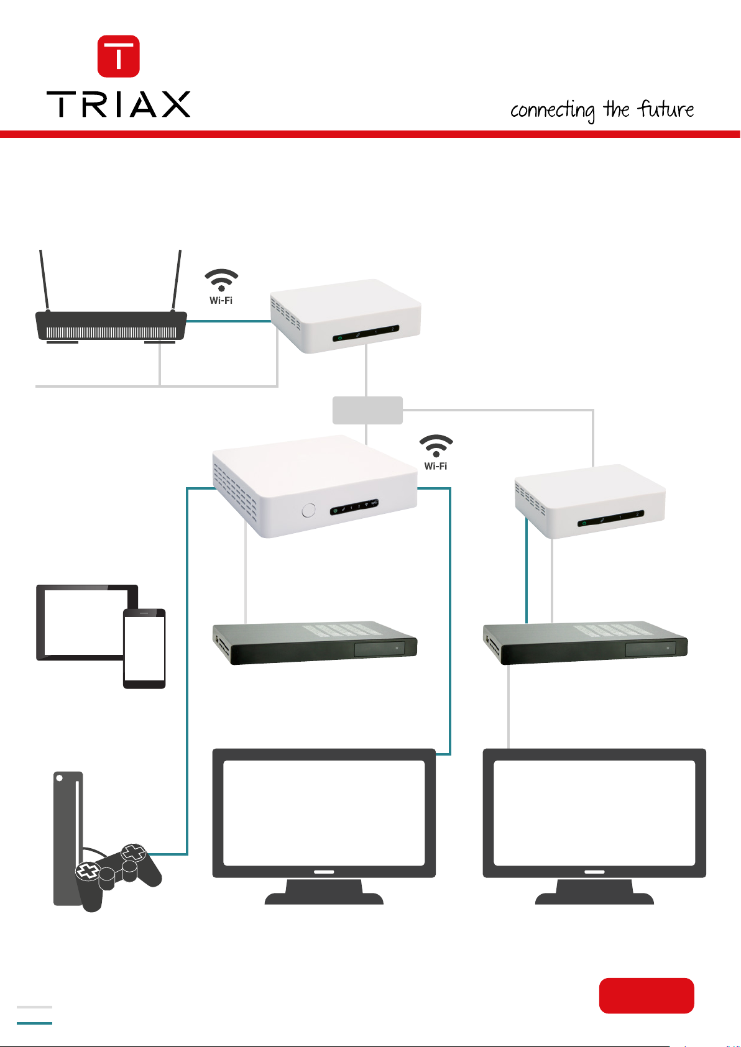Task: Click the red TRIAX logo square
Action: coord(119,56)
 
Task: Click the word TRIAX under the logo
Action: coord(118,104)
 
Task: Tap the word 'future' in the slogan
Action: coord(666,109)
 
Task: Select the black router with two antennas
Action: coord(111,326)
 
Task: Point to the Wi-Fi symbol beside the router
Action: coord(221,281)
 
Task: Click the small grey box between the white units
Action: coord(367,410)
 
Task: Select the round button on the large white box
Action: coord(308,511)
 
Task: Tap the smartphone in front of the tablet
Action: coord(144,649)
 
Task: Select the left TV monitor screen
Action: coord(324,812)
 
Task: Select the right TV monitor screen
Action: coord(594,812)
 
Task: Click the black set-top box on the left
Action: coord(315,643)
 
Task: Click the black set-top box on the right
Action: coord(585,643)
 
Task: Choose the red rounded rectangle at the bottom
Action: coord(647,995)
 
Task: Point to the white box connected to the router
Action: coord(346,316)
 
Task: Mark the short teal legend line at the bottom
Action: coord(34,1023)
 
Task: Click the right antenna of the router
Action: coord(177,280)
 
